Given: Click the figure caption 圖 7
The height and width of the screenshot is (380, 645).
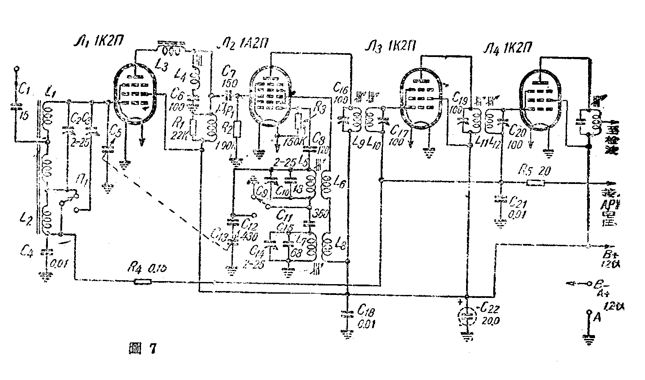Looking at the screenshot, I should point(142,349).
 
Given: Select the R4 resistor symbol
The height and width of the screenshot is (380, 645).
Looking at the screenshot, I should point(142,282).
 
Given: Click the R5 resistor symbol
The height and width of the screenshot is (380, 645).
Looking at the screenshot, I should point(535,183).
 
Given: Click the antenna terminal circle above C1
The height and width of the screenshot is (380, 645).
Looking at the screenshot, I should point(16,69).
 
